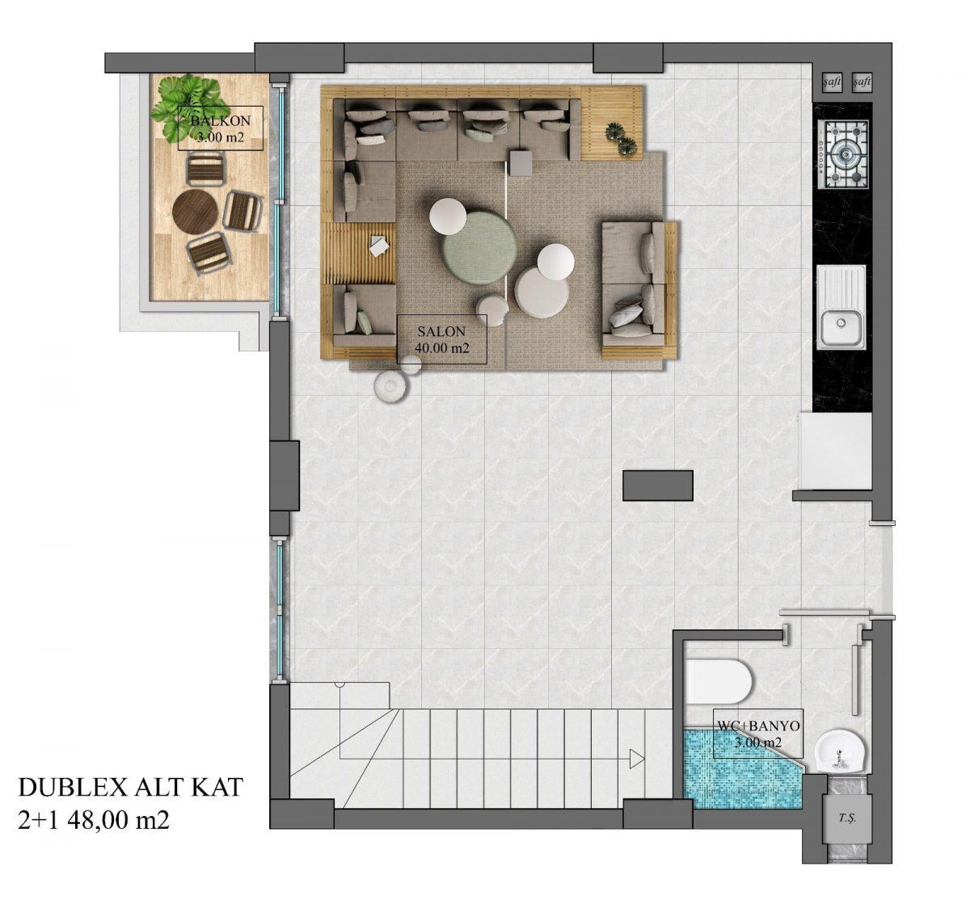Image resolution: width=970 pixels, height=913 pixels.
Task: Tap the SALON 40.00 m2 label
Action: (441, 339)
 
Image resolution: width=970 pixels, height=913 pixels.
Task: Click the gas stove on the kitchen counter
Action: (844, 154)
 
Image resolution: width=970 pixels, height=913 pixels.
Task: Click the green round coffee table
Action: (479, 246)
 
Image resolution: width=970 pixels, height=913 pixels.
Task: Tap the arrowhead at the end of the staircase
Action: (637, 759)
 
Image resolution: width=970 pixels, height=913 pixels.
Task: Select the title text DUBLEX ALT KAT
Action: (130, 788)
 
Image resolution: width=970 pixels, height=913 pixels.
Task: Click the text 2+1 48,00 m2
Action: (93, 820)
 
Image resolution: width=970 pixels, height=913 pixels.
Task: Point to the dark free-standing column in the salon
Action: (658, 486)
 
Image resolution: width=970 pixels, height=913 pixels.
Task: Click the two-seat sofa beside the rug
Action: (639, 291)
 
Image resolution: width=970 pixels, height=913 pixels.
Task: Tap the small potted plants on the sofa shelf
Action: (621, 140)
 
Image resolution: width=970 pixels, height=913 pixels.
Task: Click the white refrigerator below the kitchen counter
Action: (835, 451)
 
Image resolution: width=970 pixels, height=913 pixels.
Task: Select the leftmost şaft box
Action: (831, 82)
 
